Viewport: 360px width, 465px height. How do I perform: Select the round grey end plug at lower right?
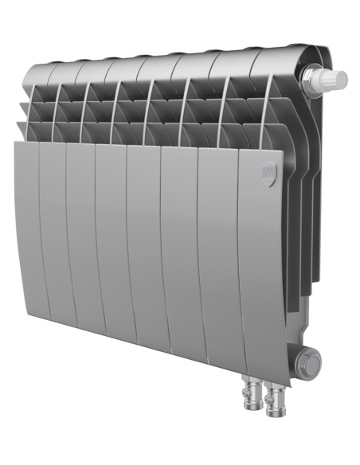307,362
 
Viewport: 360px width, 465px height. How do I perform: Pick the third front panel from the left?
80,239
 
